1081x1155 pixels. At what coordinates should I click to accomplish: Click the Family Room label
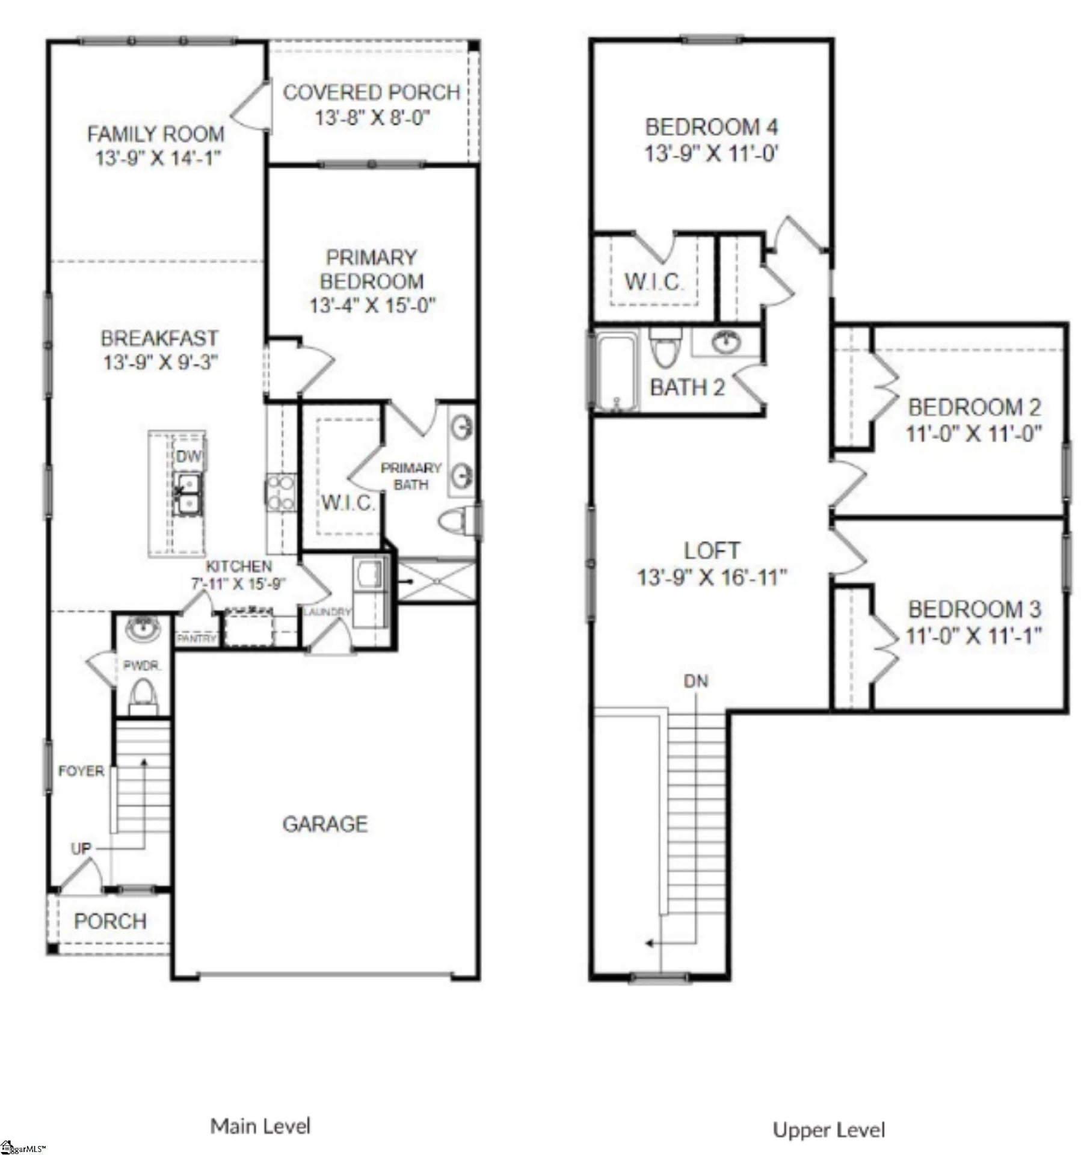155,134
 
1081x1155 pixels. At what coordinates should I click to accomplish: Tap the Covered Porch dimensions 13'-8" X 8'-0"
371,118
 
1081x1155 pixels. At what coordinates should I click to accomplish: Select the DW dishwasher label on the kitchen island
188,457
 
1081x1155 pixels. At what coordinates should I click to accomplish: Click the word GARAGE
325,824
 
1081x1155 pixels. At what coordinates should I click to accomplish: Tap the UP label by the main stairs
81,848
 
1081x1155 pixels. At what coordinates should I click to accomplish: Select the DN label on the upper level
695,681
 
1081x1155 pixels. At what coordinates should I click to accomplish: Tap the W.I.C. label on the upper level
653,282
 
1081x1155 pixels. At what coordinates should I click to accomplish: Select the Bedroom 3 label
974,609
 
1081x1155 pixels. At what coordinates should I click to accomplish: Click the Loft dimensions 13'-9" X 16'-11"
712,578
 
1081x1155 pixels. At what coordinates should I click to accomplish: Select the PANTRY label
196,638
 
